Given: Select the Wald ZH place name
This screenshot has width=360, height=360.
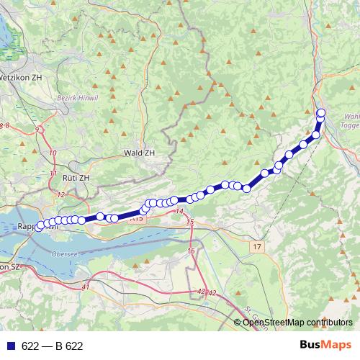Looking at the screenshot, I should tap(139, 153).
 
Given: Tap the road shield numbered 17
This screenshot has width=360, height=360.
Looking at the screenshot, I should tap(257, 247).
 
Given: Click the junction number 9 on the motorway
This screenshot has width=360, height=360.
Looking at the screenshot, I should tap(37, 129).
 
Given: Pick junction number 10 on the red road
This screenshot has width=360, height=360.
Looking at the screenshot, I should tap(53, 153).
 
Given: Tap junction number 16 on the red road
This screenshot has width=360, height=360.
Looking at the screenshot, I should tap(191, 250).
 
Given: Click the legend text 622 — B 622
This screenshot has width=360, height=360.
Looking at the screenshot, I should tap(53, 346).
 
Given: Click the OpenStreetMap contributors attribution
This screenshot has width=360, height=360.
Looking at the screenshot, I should tap(297, 322).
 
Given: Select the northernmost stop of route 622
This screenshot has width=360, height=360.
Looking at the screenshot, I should tap(321, 112).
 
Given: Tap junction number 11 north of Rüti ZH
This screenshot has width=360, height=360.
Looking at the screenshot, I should tap(53, 174).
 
